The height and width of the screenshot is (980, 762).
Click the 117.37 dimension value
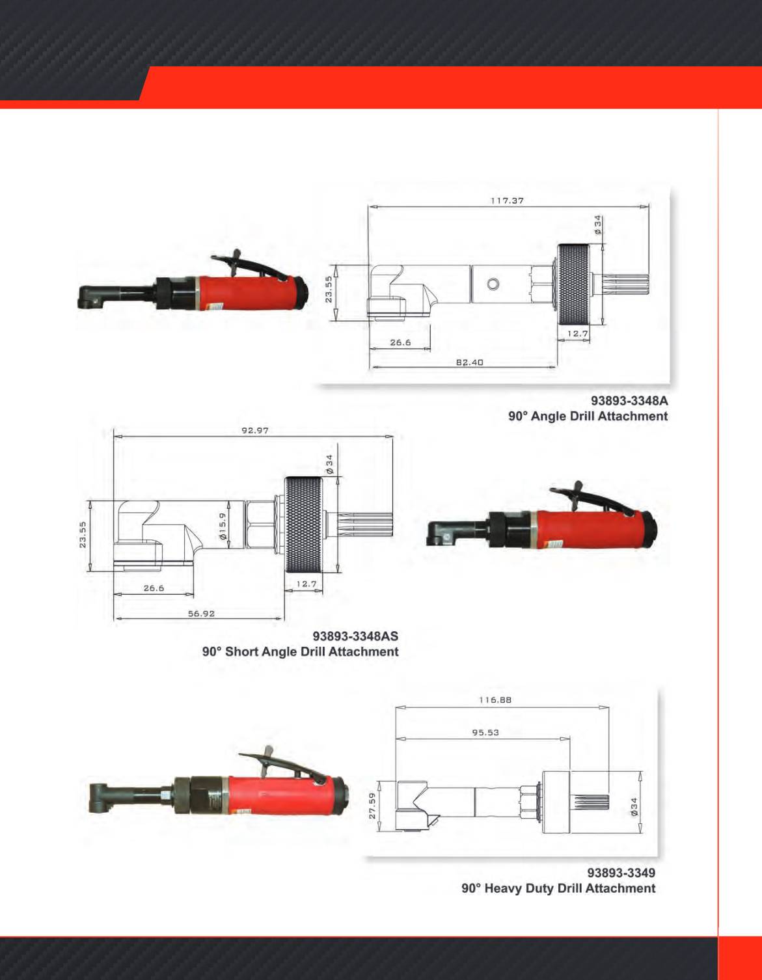click(x=508, y=200)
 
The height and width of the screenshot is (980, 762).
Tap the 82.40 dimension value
click(x=469, y=362)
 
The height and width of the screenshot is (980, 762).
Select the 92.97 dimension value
click(x=255, y=430)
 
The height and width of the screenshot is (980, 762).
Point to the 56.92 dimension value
click(x=201, y=614)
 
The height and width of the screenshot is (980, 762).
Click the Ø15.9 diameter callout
click(x=223, y=526)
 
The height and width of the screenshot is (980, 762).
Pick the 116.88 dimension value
click(x=495, y=700)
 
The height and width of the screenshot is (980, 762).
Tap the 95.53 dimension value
click(x=485, y=733)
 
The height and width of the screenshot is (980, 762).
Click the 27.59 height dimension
click(x=372, y=806)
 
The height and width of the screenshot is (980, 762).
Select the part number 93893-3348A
click(x=629, y=400)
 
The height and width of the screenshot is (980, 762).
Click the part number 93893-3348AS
click(x=356, y=636)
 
